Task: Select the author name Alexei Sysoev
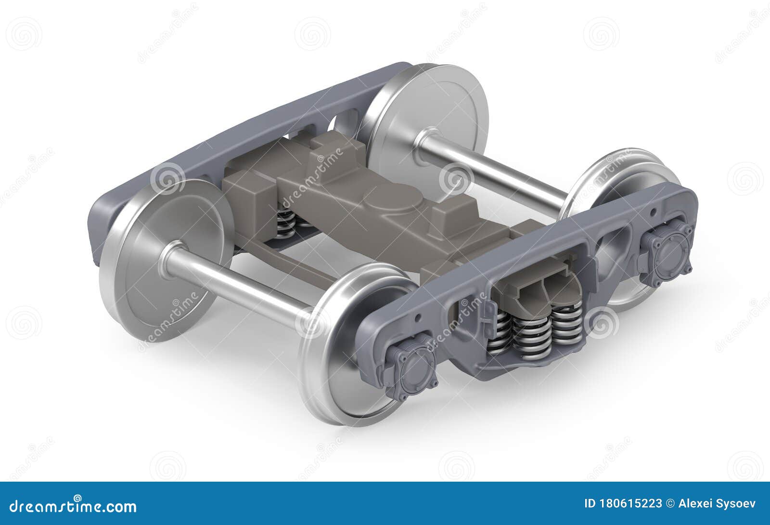(x=717, y=504)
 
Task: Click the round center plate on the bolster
(x=392, y=198)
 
